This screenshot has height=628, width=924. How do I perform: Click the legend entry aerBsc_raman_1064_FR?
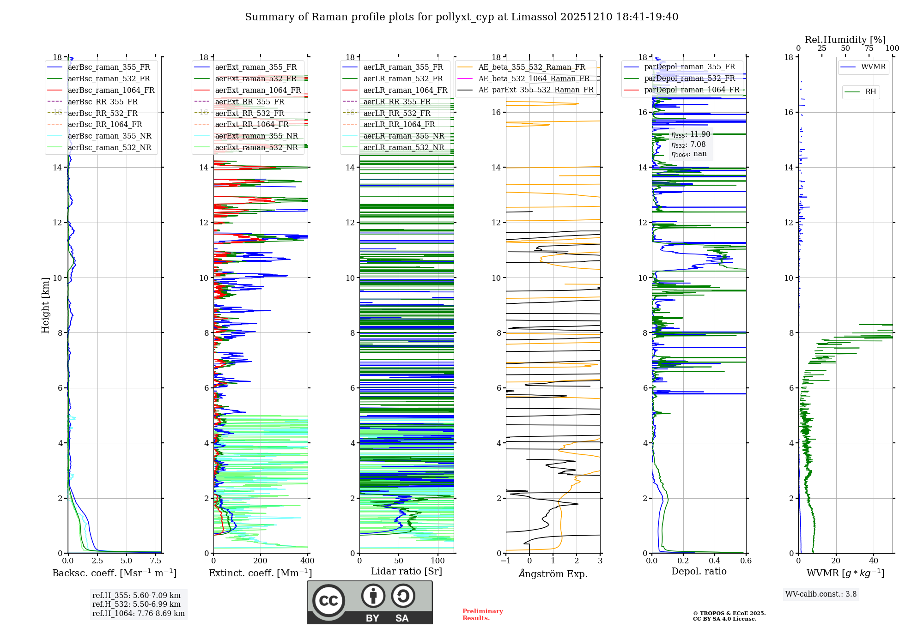[x=111, y=91]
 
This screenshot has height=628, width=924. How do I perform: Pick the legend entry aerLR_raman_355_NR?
[x=403, y=136]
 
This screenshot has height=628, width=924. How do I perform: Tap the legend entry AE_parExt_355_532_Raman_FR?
[x=535, y=90]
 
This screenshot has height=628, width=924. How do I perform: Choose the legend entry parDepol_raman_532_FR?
[x=689, y=78]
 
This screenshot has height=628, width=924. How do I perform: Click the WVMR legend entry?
[x=873, y=67]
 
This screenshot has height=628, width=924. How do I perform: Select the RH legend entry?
[x=870, y=92]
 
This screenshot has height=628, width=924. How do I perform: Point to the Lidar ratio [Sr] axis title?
[x=407, y=571]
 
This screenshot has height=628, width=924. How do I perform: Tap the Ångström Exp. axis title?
[x=553, y=574]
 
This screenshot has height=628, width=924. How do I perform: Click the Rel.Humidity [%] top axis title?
[x=845, y=40]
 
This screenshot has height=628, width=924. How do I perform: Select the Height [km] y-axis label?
[x=45, y=305]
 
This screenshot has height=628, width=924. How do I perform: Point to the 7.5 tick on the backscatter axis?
[x=156, y=561]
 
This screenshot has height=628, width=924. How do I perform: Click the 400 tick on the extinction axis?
[x=307, y=561]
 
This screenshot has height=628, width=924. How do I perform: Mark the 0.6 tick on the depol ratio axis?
[x=746, y=561]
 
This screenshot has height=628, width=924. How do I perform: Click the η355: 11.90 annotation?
[x=691, y=134]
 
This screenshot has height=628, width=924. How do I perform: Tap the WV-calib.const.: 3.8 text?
[x=821, y=594]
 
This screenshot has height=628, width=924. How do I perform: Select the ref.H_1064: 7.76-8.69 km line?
[x=138, y=614]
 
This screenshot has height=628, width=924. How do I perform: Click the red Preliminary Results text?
[x=482, y=615]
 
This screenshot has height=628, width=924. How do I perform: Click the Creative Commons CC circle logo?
[x=328, y=601]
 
